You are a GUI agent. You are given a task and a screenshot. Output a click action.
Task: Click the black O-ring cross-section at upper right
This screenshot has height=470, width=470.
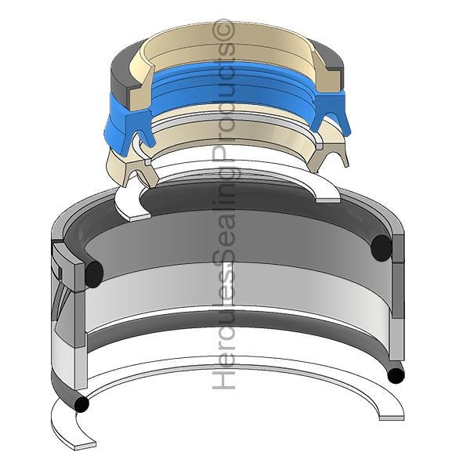click(381, 248)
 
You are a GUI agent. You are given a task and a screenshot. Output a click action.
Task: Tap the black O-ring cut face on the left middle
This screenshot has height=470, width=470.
click(94, 274)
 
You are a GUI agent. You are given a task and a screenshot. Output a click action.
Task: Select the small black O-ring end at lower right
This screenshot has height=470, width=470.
click(396, 375)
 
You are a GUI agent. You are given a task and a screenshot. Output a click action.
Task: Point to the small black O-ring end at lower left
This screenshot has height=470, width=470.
click(81, 404)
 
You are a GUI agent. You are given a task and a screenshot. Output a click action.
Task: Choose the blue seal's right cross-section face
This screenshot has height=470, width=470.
click(330, 110)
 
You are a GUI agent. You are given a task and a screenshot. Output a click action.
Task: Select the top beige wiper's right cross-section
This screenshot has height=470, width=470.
click(326, 74)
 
